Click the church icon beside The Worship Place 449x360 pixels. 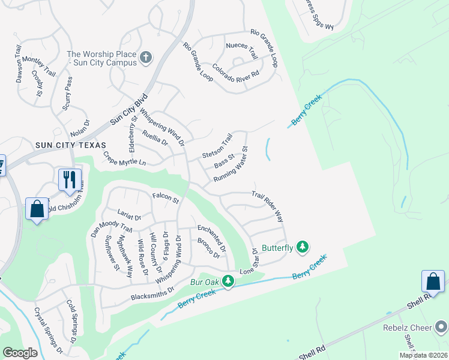145,59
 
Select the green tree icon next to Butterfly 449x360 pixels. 303,247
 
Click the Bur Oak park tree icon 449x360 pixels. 228,280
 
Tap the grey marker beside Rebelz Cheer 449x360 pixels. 442,328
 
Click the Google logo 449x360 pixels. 20,353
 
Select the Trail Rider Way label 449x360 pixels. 267,206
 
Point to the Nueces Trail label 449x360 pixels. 241,50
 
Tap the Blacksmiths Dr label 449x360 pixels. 152,293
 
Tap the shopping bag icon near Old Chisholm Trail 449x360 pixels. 37,209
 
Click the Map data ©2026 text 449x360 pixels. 423,355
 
